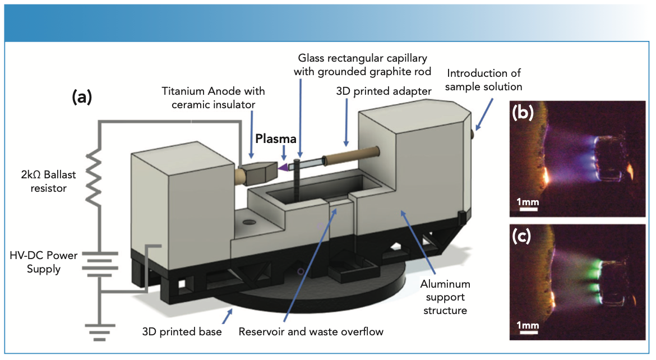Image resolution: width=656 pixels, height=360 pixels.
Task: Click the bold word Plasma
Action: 275,139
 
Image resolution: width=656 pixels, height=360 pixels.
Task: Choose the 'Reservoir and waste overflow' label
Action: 311,331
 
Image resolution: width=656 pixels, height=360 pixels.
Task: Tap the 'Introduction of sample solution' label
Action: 484,80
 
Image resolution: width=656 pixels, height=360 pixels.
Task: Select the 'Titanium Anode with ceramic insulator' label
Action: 213,97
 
